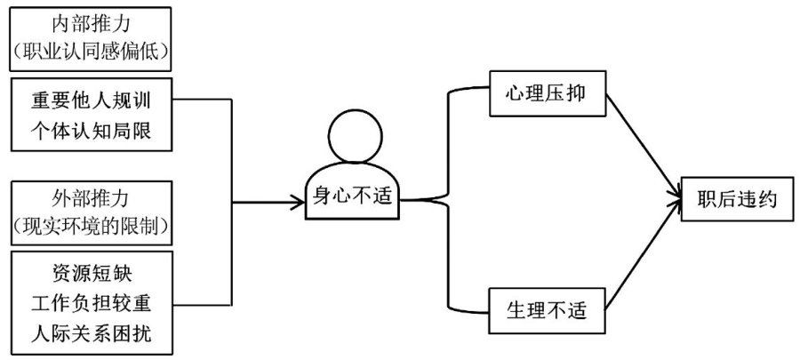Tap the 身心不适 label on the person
click(353, 195)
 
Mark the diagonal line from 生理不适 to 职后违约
click(638, 258)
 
